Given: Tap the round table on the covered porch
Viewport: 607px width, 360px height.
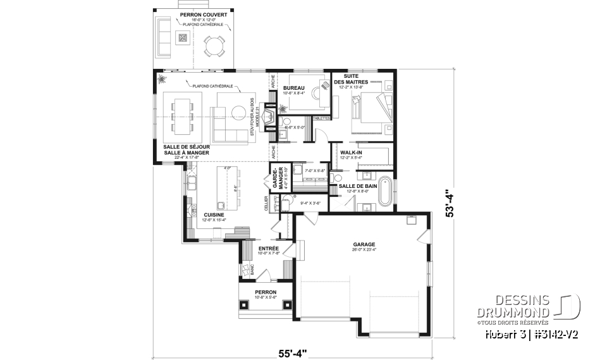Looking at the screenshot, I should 213,46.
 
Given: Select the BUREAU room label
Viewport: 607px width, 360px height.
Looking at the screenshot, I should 294,88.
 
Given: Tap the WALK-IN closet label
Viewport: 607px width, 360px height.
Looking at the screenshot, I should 351,153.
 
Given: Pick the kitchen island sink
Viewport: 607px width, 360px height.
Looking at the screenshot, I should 221,205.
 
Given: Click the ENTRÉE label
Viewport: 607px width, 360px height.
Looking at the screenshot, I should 269,249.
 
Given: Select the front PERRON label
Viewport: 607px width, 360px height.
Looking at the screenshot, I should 266,292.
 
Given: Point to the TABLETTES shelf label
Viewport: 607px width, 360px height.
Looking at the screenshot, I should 322,118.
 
